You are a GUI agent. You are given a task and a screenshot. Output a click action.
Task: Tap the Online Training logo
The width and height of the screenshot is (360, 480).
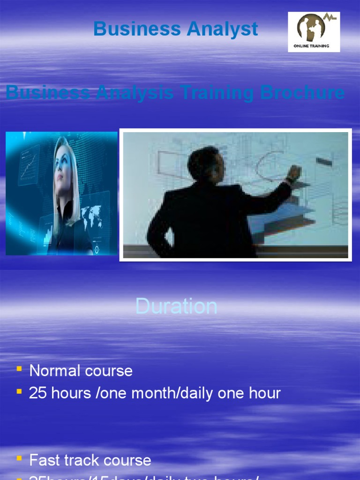click(x=314, y=32)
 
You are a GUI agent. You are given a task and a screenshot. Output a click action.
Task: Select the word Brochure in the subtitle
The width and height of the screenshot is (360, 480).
click(x=302, y=93)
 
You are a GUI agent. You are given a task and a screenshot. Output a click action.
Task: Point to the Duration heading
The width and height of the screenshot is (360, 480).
click(x=176, y=307)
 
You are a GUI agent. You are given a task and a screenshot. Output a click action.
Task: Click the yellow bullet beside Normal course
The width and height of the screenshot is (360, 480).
click(x=19, y=369)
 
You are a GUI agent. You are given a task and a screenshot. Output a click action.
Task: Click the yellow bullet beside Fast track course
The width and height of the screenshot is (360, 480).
click(x=19, y=458)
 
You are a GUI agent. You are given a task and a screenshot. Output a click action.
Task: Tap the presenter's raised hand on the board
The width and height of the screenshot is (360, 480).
click(x=294, y=173)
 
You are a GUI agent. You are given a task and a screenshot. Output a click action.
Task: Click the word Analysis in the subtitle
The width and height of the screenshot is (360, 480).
click(x=135, y=93)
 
